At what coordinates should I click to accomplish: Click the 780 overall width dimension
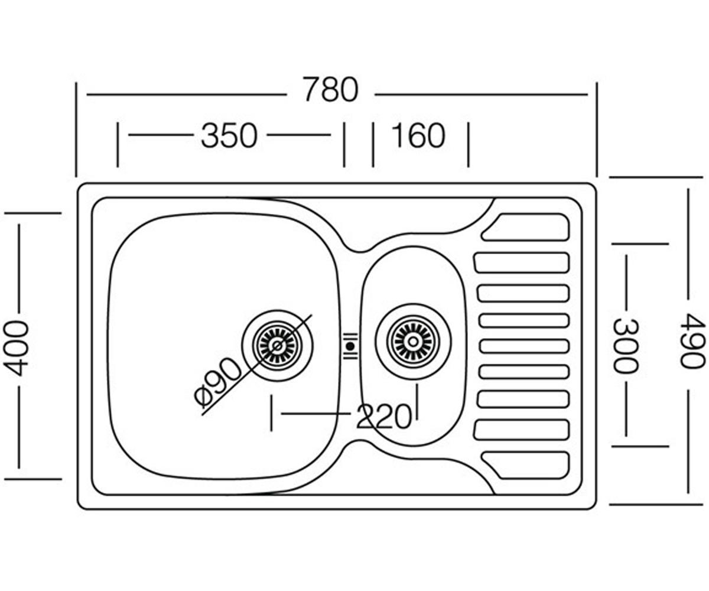pyautogui.click(x=330, y=90)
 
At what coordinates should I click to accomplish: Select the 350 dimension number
pyautogui.click(x=229, y=136)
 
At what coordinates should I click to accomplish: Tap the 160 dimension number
pyautogui.click(x=418, y=135)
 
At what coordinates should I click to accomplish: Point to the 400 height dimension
pyautogui.click(x=16, y=348)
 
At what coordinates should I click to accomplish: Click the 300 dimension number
pyautogui.click(x=626, y=346)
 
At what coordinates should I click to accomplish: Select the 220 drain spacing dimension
pyautogui.click(x=383, y=417)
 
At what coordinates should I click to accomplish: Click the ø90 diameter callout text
pyautogui.click(x=217, y=382)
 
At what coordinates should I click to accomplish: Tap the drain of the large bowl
pyautogui.click(x=278, y=346)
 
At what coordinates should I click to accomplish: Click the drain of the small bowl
pyautogui.click(x=413, y=340)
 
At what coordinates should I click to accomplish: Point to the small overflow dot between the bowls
pyautogui.click(x=350, y=346)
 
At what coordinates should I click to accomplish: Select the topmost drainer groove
pyautogui.click(x=526, y=227)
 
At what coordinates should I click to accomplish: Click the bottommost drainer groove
pyautogui.click(x=526, y=465)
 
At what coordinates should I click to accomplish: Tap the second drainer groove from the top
pyautogui.click(x=522, y=262)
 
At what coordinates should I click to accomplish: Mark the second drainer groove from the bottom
pyautogui.click(x=522, y=430)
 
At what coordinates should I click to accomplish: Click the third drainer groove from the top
pyautogui.click(x=523, y=294)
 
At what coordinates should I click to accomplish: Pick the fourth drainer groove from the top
pyautogui.click(x=524, y=321)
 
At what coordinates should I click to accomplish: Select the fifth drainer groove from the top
pyautogui.click(x=524, y=346)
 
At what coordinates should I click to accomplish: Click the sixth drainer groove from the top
pyautogui.click(x=524, y=372)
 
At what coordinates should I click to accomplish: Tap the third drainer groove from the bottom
pyautogui.click(x=523, y=399)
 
